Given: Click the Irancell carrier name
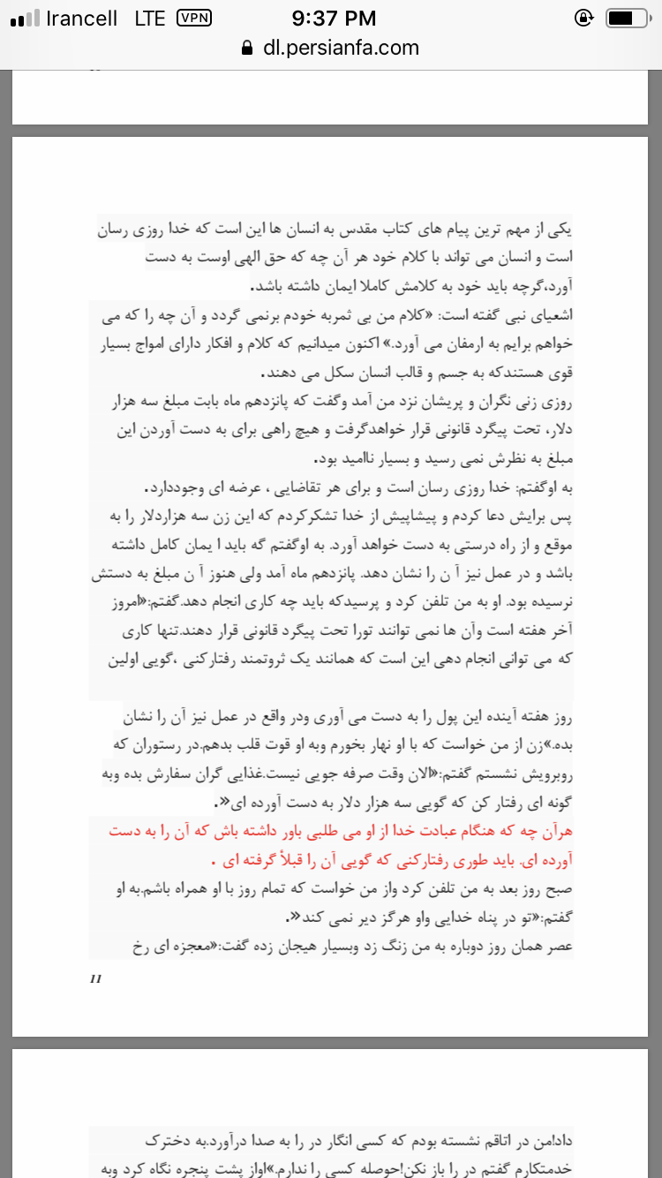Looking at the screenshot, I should coord(82,19).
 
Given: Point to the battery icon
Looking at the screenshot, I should coord(628,18).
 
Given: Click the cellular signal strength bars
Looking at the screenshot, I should coord(25,19).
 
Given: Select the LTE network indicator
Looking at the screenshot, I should coord(150,19).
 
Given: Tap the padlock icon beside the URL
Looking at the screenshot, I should coord(247,49).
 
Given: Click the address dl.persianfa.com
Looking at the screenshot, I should coord(341,48).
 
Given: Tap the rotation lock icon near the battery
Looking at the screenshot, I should coord(583,18).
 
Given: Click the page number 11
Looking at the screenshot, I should coord(96,978).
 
